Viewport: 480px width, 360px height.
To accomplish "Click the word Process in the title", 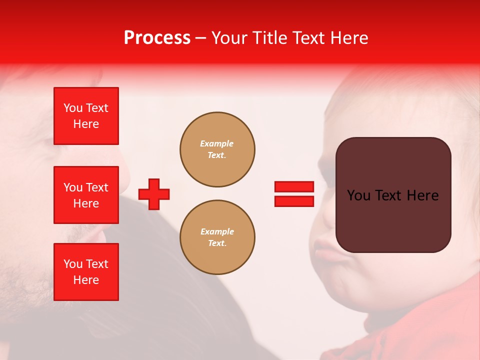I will click(157, 38).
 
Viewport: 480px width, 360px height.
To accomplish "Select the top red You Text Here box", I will click(86, 116).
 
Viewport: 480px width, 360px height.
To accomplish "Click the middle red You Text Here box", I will click(86, 195).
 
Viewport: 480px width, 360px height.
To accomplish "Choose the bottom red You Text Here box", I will click(86, 272).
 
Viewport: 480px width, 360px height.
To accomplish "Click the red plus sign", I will click(154, 194).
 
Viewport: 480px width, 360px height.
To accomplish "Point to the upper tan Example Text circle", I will click(217, 149).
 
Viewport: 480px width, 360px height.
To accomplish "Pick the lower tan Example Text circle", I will click(217, 237).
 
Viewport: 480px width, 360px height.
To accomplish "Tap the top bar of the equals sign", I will click(294, 187).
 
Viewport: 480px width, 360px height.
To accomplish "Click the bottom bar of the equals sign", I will click(294, 201).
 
